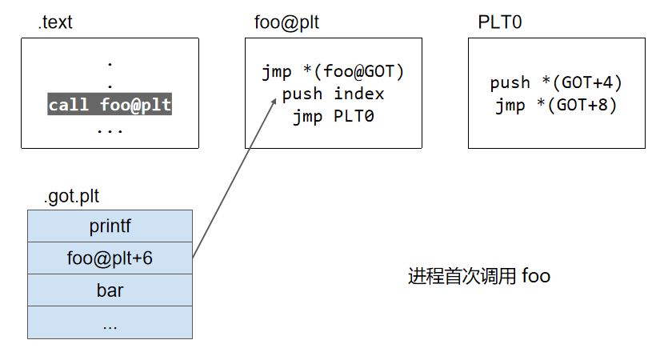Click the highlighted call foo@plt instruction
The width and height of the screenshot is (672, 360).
pyautogui.click(x=110, y=105)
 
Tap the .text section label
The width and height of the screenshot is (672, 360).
pyautogui.click(x=55, y=22)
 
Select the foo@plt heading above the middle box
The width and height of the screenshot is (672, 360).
pyautogui.click(x=282, y=22)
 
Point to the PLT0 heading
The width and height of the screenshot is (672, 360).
pyautogui.click(x=500, y=22)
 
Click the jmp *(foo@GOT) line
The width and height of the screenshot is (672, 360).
pyautogui.click(x=333, y=72)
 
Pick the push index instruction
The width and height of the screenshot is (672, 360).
pyautogui.click(x=333, y=94)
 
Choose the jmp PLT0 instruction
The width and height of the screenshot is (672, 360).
pyautogui.click(x=333, y=116)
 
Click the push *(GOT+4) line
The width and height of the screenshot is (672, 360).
pyautogui.click(x=556, y=82)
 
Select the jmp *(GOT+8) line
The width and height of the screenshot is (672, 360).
pyautogui.click(x=556, y=105)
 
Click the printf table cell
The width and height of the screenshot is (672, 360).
pyautogui.click(x=110, y=226)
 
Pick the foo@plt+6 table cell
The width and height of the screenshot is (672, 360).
pyautogui.click(x=110, y=258)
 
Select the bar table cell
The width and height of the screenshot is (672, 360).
pyautogui.click(x=110, y=290)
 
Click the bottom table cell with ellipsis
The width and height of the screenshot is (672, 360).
pyautogui.click(x=110, y=322)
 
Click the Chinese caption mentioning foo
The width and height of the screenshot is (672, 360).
pyautogui.click(x=478, y=277)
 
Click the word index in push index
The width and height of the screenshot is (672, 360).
pyautogui.click(x=358, y=94)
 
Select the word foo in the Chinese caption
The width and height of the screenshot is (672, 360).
pyautogui.click(x=535, y=277)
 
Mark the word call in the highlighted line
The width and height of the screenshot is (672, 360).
pyautogui.click(x=69, y=105)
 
